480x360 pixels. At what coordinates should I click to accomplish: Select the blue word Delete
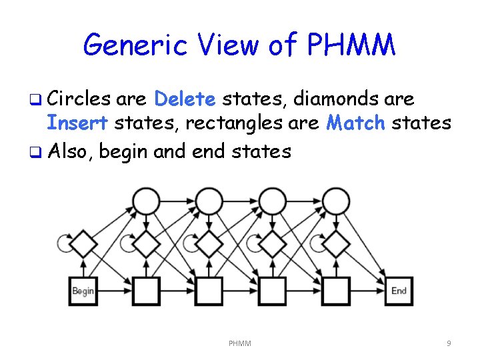click(x=185, y=99)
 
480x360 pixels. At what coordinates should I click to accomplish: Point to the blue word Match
click(x=357, y=123)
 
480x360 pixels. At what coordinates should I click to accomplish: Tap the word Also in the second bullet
click(x=71, y=151)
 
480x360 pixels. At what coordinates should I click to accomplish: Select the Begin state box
click(x=83, y=291)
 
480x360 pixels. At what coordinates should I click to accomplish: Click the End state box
click(x=399, y=291)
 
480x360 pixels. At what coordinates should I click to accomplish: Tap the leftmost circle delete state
click(x=146, y=201)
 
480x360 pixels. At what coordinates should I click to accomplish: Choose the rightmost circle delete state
click(x=335, y=201)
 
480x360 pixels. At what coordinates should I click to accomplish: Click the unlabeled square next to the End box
click(x=335, y=291)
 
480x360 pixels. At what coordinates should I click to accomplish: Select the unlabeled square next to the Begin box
click(x=146, y=291)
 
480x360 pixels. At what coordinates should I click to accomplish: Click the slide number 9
click(x=449, y=343)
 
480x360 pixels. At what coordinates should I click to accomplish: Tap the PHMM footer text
click(x=239, y=343)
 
